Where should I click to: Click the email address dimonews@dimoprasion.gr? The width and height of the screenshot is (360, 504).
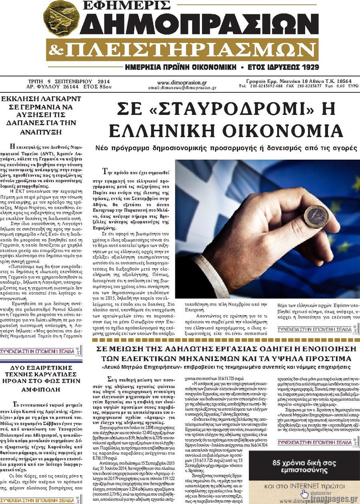(x=187, y=87)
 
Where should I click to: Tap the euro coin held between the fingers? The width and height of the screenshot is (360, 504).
(x=316, y=216)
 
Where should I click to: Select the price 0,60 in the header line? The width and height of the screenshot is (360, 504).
(x=341, y=86)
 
